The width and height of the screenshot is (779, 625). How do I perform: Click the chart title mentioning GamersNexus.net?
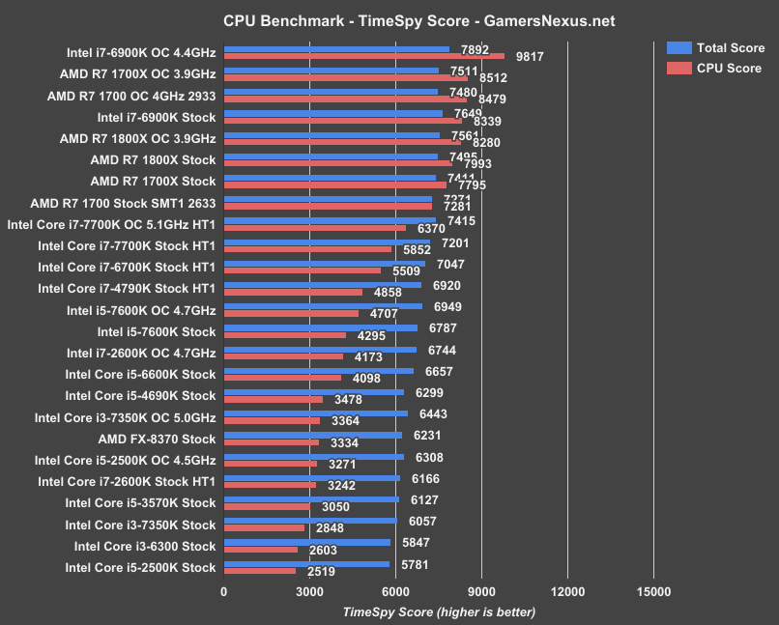point(389,20)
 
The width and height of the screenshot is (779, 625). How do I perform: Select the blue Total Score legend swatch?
point(678,47)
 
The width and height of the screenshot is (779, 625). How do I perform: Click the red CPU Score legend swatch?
point(678,68)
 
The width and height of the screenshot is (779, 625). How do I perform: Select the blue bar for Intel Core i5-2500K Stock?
point(306,564)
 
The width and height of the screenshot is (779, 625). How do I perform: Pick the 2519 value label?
point(321,572)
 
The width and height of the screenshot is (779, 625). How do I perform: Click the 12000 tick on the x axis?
point(567,592)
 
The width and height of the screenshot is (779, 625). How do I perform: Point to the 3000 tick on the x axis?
point(309,592)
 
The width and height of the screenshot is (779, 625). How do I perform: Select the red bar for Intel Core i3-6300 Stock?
point(261,550)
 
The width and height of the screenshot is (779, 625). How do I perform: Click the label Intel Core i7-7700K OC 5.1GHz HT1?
point(111,223)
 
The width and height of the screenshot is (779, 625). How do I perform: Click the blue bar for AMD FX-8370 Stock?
point(312,436)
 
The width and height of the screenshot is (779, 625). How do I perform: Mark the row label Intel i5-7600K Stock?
point(156,331)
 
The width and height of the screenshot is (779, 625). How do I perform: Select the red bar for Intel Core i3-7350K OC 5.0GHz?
point(272,421)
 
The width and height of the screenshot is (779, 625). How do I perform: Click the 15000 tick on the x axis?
point(653,592)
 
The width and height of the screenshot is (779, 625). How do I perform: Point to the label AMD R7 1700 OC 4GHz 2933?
point(131,96)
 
